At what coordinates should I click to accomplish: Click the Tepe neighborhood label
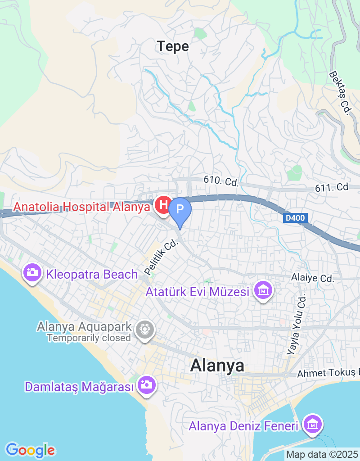(x=173, y=46)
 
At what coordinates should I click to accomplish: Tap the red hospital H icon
(x=162, y=205)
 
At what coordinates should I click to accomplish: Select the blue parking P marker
(x=180, y=210)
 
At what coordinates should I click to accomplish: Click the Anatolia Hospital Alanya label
(x=81, y=207)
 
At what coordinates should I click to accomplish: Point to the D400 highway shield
(x=295, y=218)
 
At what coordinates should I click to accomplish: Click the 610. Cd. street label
(x=220, y=181)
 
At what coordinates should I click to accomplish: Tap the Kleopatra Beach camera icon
(x=32, y=273)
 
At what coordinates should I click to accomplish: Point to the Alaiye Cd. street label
(x=312, y=279)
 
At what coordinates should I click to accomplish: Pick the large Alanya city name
(x=217, y=365)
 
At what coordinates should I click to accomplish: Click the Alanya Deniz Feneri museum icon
(x=312, y=425)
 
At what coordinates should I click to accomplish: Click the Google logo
(x=30, y=450)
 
